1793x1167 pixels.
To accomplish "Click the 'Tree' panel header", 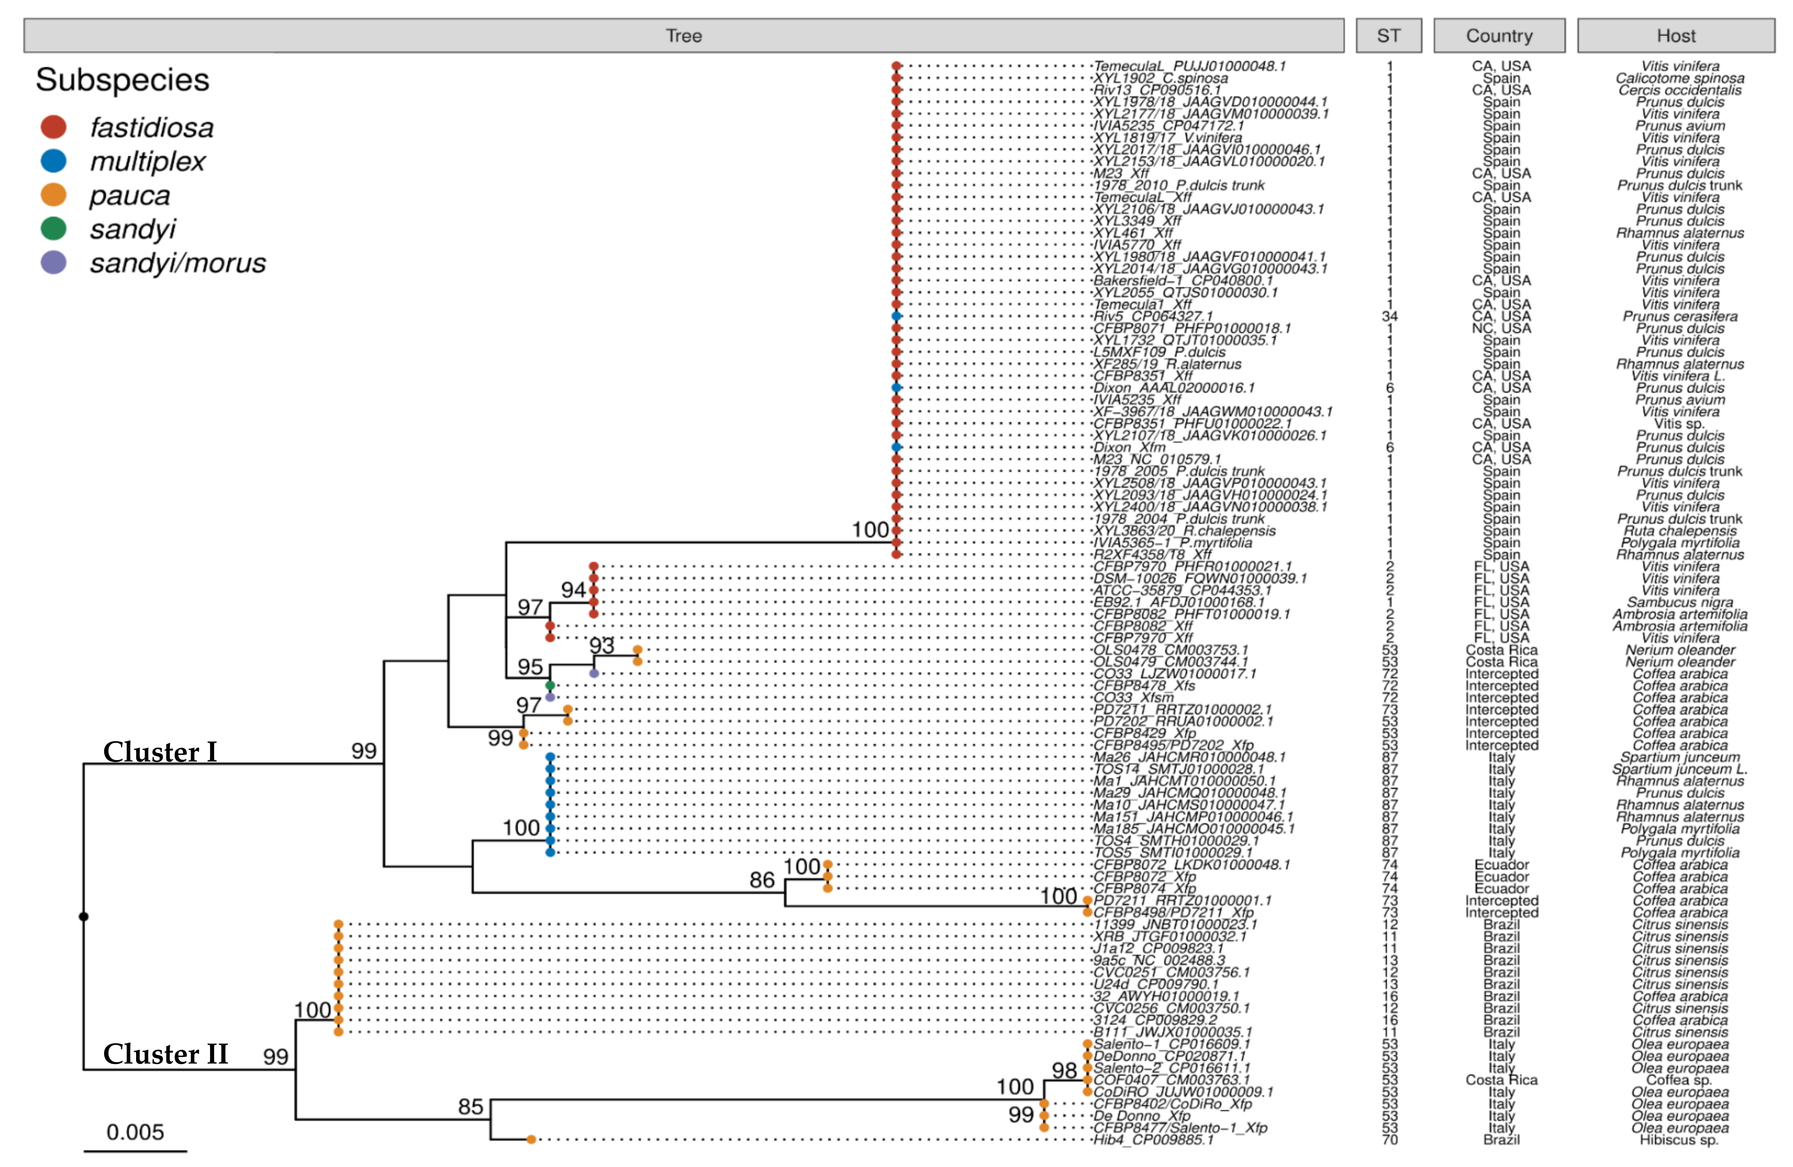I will [683, 35].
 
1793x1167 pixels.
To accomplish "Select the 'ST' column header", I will [1389, 35].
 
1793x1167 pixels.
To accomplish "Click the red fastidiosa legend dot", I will [53, 127].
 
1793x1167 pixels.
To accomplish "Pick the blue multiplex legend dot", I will [53, 160].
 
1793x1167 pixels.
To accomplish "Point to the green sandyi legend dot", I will [53, 228].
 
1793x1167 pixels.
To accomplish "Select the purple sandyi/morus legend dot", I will [53, 262].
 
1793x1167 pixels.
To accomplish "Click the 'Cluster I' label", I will [160, 752].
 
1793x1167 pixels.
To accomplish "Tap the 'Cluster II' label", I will [165, 1054].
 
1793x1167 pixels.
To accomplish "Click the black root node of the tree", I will [84, 916].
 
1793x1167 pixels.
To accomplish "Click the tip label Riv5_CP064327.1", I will [1153, 316].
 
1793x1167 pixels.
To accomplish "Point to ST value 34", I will [1389, 316].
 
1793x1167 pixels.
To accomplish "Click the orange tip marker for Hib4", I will [531, 1139].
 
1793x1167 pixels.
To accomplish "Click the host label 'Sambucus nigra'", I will [1679, 602].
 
